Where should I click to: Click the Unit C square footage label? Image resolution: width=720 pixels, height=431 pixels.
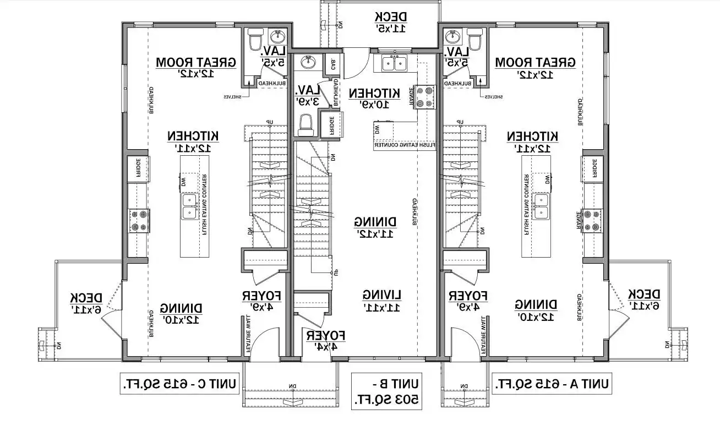tap(179, 384)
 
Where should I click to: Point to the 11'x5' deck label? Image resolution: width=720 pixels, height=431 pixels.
tap(391, 22)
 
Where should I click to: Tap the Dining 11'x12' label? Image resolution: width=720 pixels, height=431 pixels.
tap(375, 227)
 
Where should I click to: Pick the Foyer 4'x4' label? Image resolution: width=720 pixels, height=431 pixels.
tap(326, 341)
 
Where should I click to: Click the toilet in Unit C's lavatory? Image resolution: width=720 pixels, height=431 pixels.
tap(255, 41)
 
